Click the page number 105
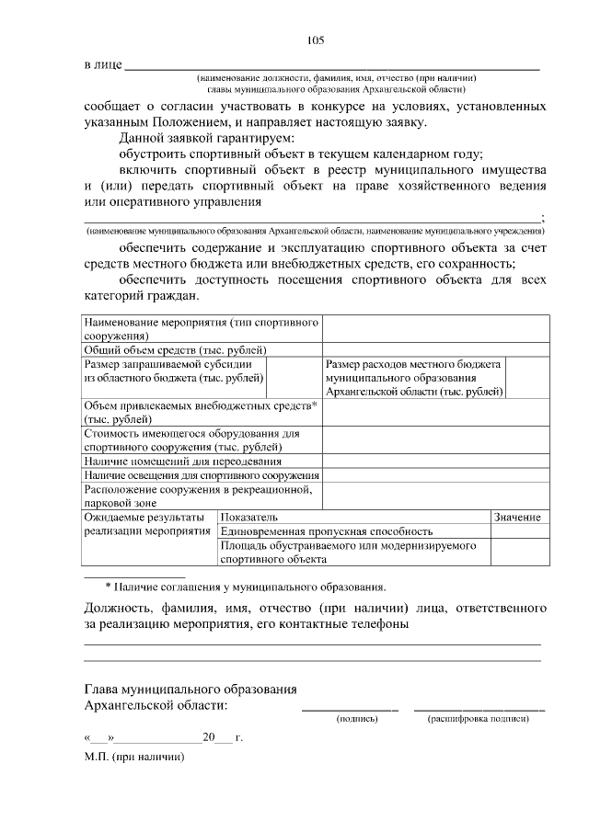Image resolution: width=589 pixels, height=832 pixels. pyautogui.click(x=314, y=40)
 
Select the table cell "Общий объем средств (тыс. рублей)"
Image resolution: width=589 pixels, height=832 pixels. pyautogui.click(x=176, y=349)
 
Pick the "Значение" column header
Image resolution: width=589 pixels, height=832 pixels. pyautogui.click(x=517, y=518)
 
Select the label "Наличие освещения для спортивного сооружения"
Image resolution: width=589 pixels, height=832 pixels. pyautogui.click(x=202, y=475)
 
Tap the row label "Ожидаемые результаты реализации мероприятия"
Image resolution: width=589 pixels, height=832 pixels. pyautogui.click(x=147, y=525)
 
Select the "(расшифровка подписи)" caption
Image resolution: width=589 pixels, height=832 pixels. pyautogui.click(x=479, y=718)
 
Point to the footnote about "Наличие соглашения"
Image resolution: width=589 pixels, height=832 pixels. pyautogui.click(x=246, y=586)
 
